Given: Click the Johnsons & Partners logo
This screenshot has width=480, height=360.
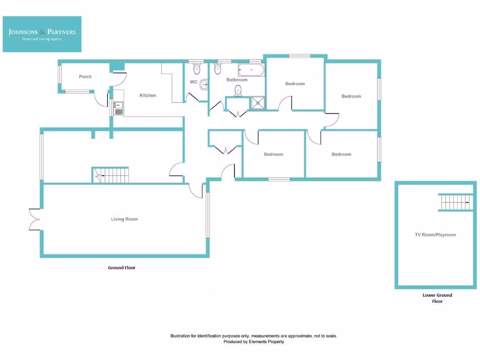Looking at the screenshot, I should (x=42, y=34).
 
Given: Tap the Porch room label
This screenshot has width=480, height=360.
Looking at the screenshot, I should (x=85, y=76).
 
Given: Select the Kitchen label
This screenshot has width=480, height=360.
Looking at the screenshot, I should (x=148, y=95).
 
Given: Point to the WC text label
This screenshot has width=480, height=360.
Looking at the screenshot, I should (x=193, y=82).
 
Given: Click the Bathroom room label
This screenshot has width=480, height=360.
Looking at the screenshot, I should (x=237, y=80).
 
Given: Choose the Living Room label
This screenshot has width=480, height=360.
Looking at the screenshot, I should (x=124, y=219).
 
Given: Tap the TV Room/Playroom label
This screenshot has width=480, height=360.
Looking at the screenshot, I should (x=435, y=235).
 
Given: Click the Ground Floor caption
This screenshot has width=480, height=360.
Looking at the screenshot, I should (x=122, y=268).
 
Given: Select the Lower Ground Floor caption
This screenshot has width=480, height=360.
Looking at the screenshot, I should (x=437, y=298).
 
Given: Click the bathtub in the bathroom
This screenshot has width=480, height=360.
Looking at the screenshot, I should (x=251, y=71).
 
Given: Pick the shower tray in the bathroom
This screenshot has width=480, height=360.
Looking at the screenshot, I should (x=257, y=103).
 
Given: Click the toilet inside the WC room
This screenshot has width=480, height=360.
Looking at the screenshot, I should (x=197, y=69).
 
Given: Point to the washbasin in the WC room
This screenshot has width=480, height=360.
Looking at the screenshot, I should (x=204, y=85).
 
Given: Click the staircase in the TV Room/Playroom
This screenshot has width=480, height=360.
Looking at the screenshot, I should (x=454, y=203).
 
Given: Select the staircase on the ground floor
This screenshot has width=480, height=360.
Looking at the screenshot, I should (x=111, y=175).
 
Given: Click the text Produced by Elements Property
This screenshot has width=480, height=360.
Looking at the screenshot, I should (x=253, y=342).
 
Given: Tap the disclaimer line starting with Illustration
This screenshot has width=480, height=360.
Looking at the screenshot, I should (x=253, y=336).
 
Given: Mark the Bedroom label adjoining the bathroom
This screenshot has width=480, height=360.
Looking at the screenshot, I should (x=295, y=83).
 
